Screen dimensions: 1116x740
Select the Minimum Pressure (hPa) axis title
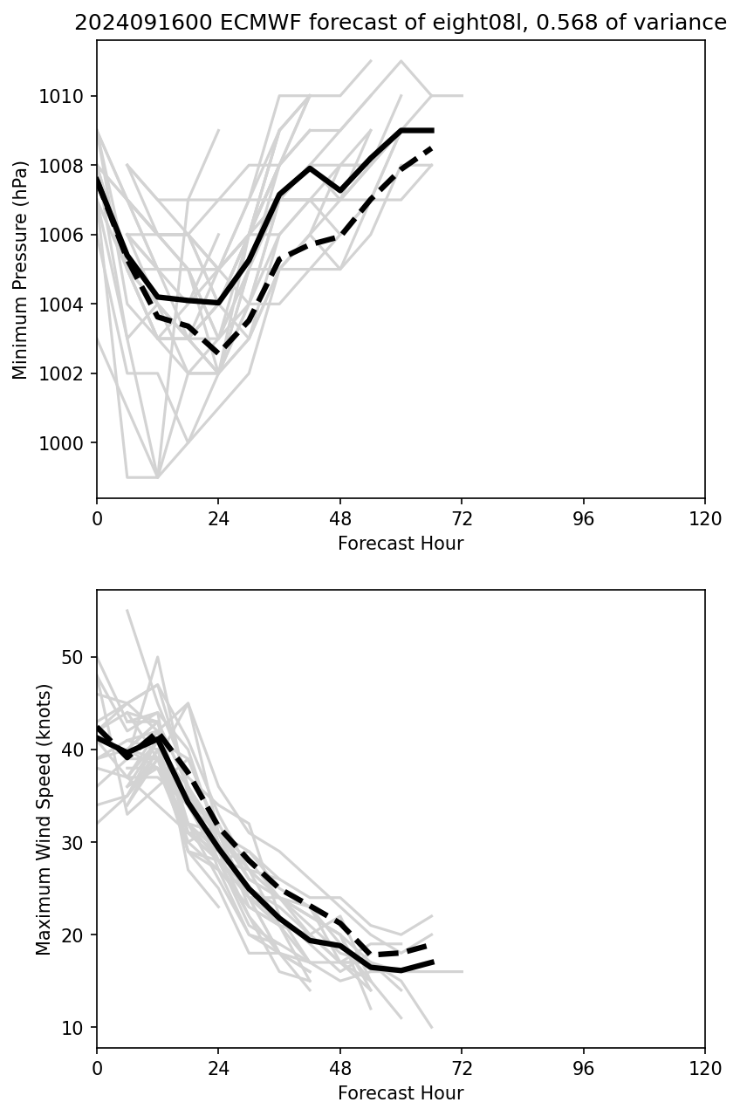[x=21, y=270]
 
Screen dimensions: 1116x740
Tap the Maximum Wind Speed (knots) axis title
[x=45, y=818]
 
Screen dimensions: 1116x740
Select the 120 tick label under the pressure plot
[x=705, y=519]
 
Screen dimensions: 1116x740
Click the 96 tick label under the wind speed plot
[x=583, y=1069]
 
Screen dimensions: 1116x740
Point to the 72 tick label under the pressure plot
[x=462, y=519]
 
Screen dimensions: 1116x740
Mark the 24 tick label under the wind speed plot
[x=218, y=1069]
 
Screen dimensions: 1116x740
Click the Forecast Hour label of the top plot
[x=401, y=544]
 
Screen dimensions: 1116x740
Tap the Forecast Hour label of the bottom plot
[x=401, y=1093]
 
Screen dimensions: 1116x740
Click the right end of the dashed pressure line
[x=432, y=148]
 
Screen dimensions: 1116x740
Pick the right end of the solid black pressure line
[x=432, y=130]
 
